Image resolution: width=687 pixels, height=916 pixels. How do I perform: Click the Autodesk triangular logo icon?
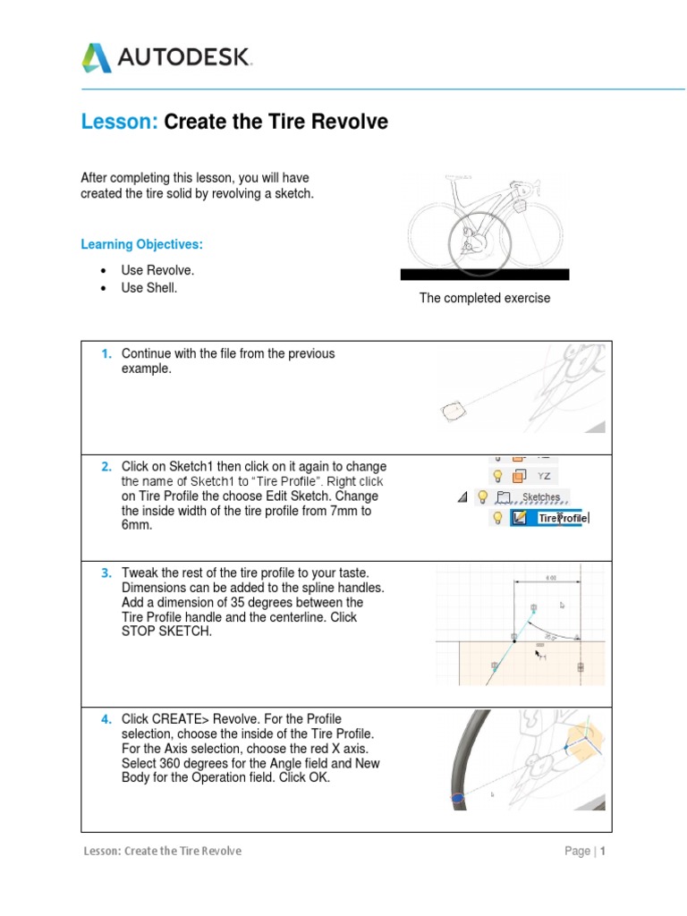pyautogui.click(x=98, y=58)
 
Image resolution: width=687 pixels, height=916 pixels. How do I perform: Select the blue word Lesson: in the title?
pyautogui.click(x=119, y=123)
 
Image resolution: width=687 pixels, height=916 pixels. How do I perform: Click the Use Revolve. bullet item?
pyautogui.click(x=157, y=270)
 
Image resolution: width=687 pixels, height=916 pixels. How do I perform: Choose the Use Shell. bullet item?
pyautogui.click(x=149, y=288)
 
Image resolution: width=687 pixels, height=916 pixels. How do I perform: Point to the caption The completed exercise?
pyautogui.click(x=484, y=298)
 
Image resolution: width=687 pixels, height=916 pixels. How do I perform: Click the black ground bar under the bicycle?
pyautogui.click(x=484, y=274)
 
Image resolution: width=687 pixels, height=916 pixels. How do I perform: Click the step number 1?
pyautogui.click(x=106, y=353)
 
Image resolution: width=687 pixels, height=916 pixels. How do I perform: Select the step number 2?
pyautogui.click(x=106, y=467)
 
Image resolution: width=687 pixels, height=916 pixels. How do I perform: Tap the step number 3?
pyautogui.click(x=106, y=572)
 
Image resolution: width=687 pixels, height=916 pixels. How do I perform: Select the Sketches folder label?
pyautogui.click(x=540, y=497)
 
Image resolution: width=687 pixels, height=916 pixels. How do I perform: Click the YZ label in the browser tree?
pyautogui.click(x=544, y=477)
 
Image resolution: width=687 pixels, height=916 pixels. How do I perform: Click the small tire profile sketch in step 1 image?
pyautogui.click(x=455, y=411)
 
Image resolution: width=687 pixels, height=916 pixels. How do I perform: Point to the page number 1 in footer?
pyautogui.click(x=603, y=851)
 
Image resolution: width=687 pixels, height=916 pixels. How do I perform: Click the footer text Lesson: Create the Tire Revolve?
pyautogui.click(x=161, y=851)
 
